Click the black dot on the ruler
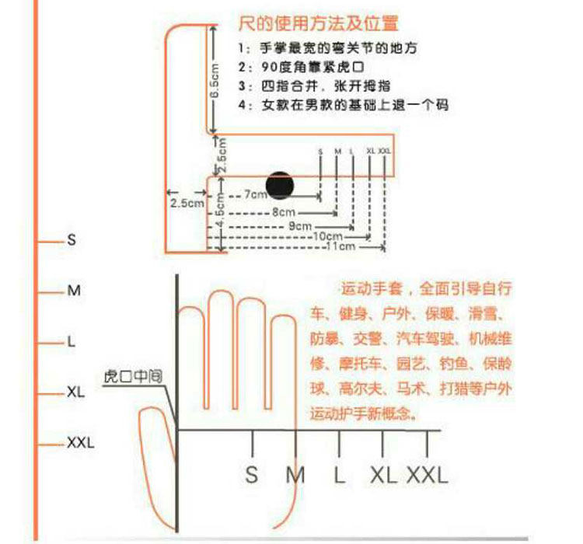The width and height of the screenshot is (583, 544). [280, 184]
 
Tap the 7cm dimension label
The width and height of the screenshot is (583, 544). [255, 196]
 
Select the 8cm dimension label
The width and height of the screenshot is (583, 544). [283, 211]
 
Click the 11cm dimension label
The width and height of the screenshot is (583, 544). [340, 246]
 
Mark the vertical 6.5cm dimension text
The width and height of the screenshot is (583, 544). [215, 80]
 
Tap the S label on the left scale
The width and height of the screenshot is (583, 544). [72, 241]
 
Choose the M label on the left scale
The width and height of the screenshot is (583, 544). [74, 291]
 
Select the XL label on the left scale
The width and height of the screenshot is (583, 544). [75, 392]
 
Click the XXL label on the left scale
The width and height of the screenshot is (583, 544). [80, 443]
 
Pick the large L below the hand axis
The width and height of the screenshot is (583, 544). [340, 473]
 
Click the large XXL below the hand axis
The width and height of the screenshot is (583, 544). [428, 473]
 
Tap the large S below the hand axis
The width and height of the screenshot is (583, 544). [251, 473]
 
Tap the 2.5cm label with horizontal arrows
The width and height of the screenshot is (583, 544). [187, 203]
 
